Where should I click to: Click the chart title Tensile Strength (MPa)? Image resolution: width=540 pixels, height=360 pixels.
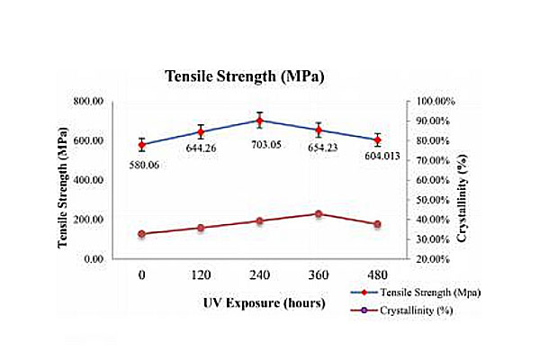tap(243, 76)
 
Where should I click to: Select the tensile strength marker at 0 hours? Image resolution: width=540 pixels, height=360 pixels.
tap(142, 144)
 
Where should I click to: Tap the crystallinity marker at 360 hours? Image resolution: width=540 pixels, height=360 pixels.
tap(319, 213)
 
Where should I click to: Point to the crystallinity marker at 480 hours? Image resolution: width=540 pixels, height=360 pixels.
tap(377, 224)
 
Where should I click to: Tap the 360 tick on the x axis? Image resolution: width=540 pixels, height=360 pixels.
tap(319, 275)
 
